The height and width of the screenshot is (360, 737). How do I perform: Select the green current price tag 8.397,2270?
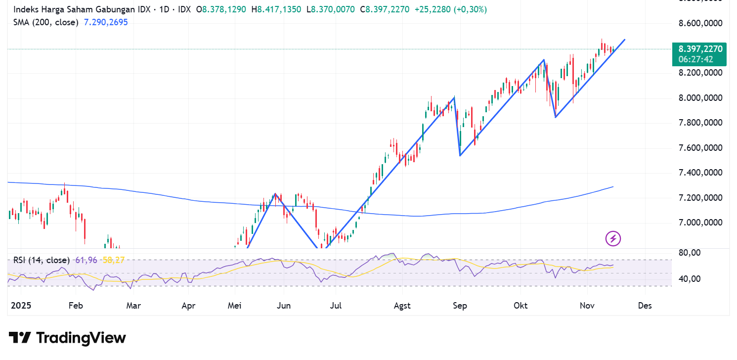[700, 49]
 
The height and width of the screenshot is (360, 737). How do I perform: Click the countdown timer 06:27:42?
[695, 59]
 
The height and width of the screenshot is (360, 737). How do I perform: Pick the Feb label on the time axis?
[75, 306]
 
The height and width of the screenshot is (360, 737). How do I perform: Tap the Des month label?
[645, 306]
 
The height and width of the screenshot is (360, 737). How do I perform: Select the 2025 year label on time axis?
[20, 306]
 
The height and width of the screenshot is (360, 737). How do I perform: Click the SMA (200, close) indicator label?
[45, 22]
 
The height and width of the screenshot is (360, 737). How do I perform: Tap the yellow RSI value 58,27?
[113, 260]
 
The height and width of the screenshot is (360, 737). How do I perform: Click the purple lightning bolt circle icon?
[613, 239]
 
